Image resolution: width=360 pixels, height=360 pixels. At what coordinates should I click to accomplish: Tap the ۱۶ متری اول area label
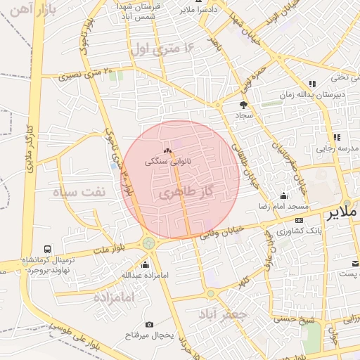161,49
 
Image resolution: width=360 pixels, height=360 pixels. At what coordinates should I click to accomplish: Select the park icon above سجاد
243,105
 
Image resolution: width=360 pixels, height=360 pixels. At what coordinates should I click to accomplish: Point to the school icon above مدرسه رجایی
337,137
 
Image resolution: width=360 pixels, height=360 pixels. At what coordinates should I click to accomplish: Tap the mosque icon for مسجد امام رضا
283,195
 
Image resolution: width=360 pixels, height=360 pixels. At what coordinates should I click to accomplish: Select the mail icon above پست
356,264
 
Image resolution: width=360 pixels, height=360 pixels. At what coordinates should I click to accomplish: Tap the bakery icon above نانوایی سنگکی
167,151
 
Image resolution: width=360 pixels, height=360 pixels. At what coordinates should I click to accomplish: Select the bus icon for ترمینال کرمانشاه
48,249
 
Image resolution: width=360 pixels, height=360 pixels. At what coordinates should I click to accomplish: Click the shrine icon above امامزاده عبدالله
146,264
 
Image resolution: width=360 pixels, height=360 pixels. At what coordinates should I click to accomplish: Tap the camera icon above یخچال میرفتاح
149,324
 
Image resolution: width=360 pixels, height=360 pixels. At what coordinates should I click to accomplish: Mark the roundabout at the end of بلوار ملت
149,243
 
